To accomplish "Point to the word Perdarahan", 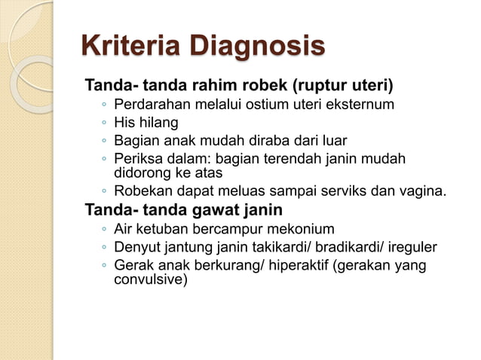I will (151, 104).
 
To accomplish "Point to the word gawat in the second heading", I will (219, 209).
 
